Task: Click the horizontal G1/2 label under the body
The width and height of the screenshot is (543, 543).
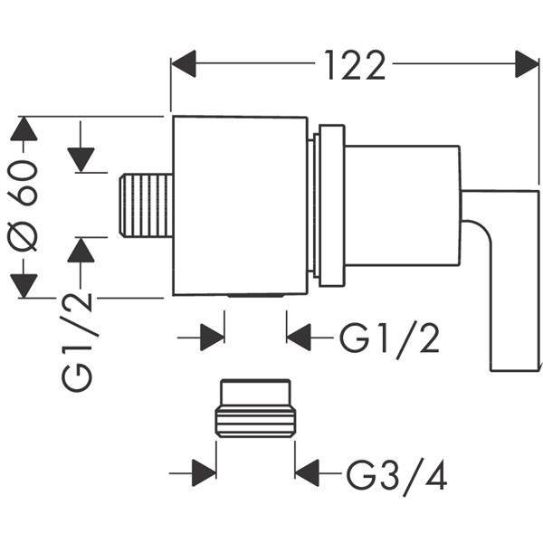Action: tap(390, 338)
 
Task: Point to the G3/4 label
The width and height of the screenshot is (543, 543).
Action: tap(396, 473)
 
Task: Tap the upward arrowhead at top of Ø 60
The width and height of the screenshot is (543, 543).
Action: tap(24, 129)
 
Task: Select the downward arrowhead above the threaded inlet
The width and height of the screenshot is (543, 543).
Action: tap(81, 159)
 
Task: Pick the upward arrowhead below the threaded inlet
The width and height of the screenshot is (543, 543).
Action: tap(81, 250)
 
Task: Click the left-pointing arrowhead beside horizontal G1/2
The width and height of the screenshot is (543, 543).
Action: tap(300, 338)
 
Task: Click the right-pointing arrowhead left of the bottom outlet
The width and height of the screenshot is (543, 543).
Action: tap(212, 338)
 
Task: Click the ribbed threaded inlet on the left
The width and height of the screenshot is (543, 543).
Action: tap(146, 206)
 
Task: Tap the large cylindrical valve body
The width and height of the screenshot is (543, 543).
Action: tap(240, 206)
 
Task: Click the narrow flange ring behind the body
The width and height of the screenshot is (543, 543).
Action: tap(328, 206)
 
